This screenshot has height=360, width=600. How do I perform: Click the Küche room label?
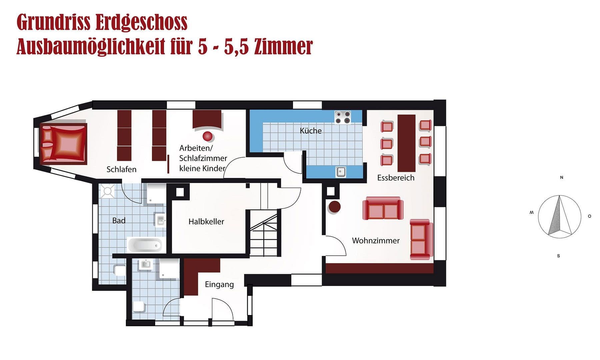311,131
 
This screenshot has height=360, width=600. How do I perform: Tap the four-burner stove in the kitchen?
343,117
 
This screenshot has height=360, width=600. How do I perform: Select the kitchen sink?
340,172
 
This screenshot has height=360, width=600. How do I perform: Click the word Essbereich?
396,178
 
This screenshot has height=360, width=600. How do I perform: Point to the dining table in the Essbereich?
406,143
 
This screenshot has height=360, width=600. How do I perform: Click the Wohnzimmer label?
376,240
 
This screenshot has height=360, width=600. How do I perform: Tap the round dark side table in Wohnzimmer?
334,207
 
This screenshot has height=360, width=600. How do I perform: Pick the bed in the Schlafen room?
64,144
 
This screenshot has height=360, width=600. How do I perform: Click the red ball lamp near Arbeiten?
208,136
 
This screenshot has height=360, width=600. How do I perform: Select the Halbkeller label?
206,221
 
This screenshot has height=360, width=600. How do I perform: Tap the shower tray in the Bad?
107,191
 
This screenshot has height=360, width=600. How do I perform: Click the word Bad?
119,220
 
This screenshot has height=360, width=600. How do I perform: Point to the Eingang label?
219,284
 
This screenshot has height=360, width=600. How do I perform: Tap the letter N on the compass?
561,177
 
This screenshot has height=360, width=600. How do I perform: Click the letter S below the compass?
558,256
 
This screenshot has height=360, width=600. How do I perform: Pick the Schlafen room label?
121,169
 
